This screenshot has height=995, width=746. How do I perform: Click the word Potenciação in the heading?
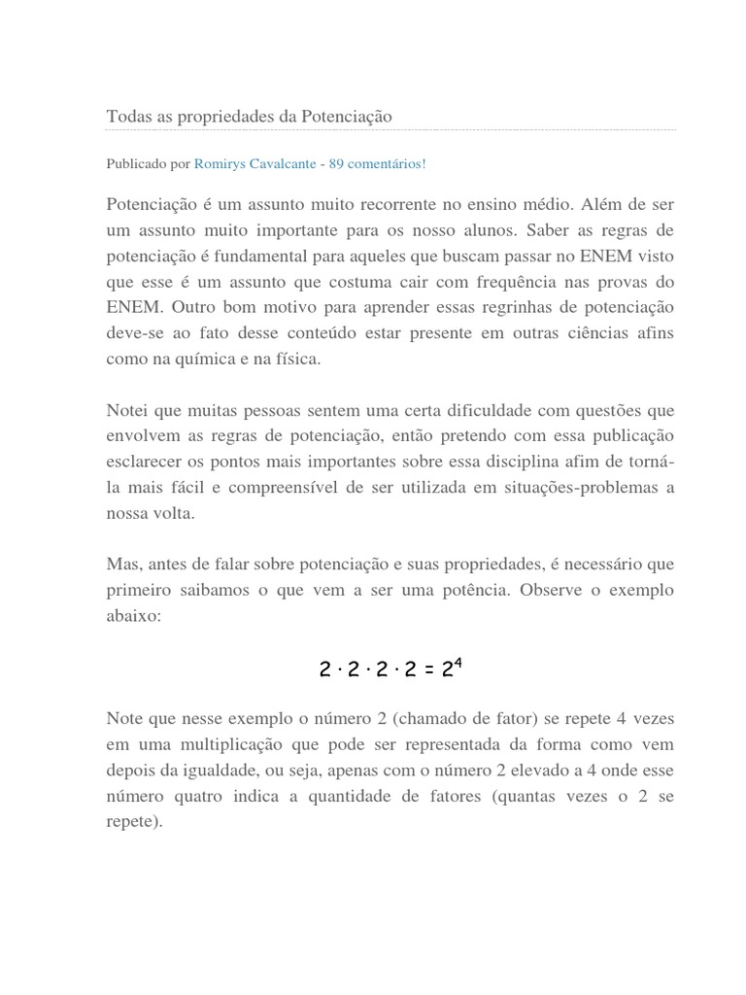346,116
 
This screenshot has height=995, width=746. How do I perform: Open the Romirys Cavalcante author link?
254,163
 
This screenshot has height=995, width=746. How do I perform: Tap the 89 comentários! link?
377,163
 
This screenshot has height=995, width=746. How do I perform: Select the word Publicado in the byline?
135,163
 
